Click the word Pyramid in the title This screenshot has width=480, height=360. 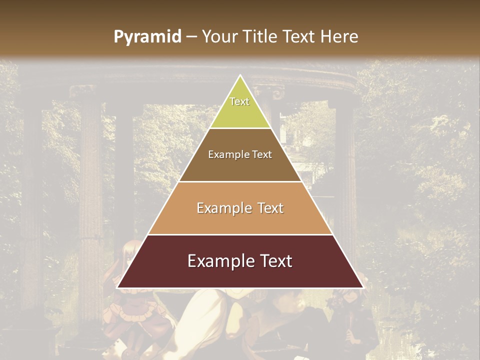pyautogui.click(x=147, y=37)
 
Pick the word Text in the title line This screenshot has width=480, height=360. pyautogui.click(x=300, y=37)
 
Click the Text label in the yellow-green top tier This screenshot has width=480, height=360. pyautogui.click(x=239, y=101)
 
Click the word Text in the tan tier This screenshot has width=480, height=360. pyautogui.click(x=271, y=208)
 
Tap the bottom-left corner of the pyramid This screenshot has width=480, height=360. pyautogui.click(x=118, y=287)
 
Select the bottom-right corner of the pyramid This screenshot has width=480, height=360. pyautogui.click(x=362, y=287)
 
